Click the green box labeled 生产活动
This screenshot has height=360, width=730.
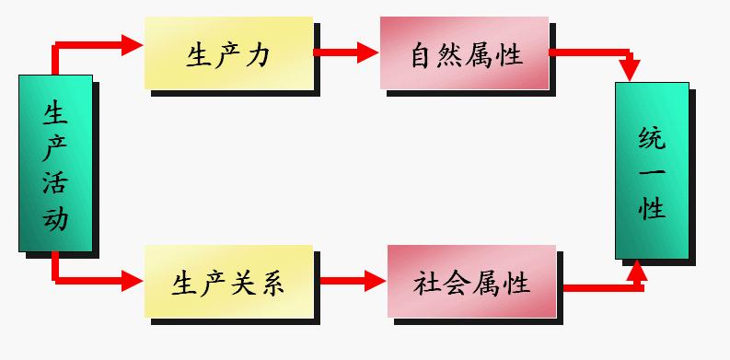tap(55, 163)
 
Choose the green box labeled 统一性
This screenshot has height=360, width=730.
tap(652, 169)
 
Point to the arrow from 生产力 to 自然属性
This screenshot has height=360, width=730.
tap(348, 52)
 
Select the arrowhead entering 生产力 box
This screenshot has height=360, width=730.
tap(133, 43)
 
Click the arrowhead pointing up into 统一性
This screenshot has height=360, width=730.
tap(634, 270)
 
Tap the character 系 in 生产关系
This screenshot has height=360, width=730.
tap(271, 282)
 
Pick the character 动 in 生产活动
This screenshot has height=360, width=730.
tap(55, 217)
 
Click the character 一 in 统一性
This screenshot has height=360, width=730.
tap(652, 172)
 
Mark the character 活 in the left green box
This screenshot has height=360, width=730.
tap(55, 181)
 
